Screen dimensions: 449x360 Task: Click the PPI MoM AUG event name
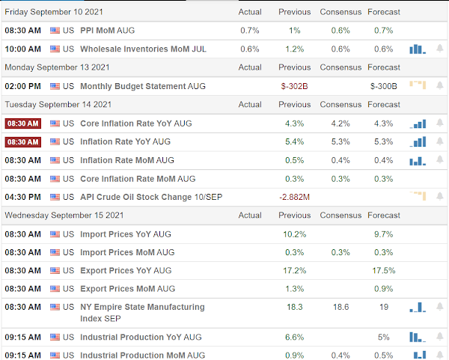tap(107, 31)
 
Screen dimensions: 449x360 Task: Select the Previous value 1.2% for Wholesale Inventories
tap(294, 49)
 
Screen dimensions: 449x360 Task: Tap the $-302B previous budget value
tap(294, 86)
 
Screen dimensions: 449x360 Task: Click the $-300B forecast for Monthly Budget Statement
tap(383, 86)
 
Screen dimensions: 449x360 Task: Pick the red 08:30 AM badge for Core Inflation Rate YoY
tap(23, 123)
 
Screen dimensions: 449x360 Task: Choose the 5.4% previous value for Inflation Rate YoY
tap(294, 141)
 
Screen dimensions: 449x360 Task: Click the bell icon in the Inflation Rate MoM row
tap(440, 159)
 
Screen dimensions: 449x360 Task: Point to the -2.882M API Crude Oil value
tap(294, 197)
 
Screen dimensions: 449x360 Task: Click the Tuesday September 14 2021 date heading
tap(58, 105)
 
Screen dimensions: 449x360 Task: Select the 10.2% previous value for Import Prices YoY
tap(294, 234)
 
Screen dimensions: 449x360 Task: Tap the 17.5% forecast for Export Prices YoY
tap(383, 271)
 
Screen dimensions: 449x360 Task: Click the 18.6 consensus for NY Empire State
tap(340, 307)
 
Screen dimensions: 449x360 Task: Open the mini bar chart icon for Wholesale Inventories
tap(418, 49)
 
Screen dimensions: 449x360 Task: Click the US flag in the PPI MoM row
tap(55, 31)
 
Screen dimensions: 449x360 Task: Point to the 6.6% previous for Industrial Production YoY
tap(294, 337)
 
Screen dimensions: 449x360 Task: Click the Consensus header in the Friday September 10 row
tap(340, 12)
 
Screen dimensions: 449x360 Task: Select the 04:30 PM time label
tap(23, 197)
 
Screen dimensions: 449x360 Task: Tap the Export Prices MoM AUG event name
tap(128, 289)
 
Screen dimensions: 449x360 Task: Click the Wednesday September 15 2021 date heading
tap(64, 216)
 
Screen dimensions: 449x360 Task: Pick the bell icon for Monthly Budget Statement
tap(440, 85)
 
